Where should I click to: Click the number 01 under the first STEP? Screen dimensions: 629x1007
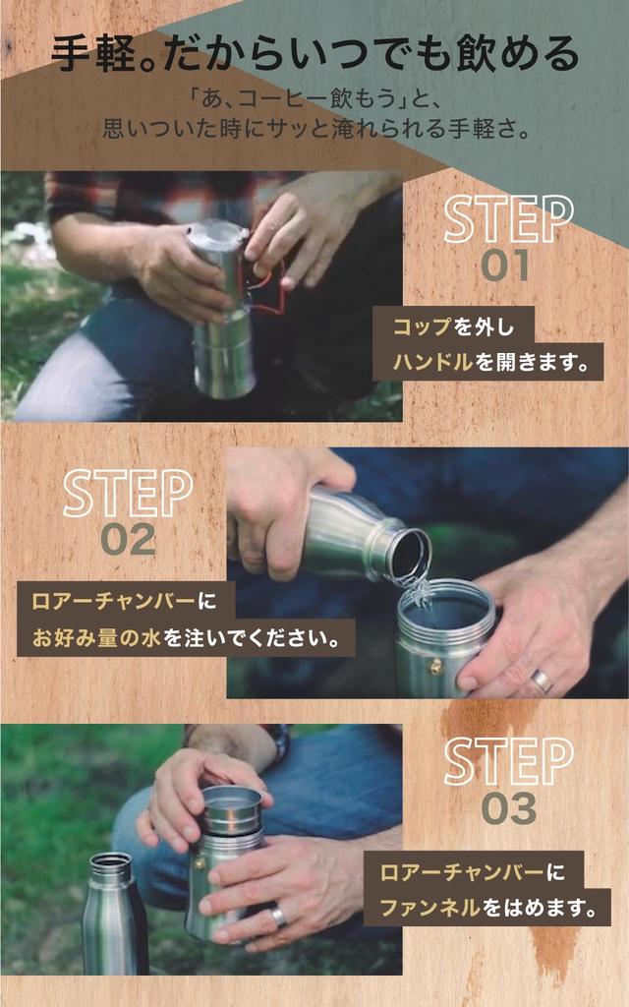tap(505, 266)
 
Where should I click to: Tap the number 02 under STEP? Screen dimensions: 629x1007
tap(129, 539)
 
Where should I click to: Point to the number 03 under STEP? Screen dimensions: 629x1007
tap(509, 808)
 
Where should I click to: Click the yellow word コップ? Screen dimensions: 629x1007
tap(423, 326)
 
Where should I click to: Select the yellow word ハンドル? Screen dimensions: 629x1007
tap(432, 362)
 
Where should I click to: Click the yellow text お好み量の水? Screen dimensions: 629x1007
tap(96, 638)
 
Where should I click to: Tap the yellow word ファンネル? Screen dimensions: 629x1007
tap(430, 908)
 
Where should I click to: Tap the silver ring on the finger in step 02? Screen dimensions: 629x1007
tap(542, 681)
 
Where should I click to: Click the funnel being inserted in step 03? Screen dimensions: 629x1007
tap(232, 810)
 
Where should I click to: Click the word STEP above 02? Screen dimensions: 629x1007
tap(128, 494)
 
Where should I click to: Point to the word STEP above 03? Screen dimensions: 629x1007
tap(508, 762)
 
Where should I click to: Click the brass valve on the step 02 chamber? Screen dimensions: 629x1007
tap(435, 667)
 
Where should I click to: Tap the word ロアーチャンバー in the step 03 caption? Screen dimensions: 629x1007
tap(462, 872)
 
